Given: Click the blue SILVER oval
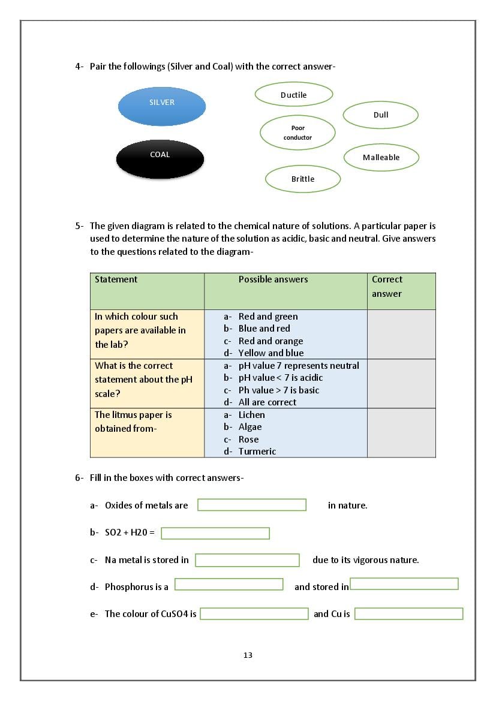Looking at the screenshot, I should (x=162, y=106).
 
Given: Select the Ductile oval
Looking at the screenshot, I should (x=293, y=95).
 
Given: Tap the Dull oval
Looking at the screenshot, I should (x=380, y=115).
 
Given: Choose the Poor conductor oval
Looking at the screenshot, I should (x=297, y=133).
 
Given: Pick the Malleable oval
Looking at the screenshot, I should (x=381, y=158).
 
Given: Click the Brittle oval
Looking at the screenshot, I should (x=302, y=179).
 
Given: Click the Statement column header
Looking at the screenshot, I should (x=116, y=279).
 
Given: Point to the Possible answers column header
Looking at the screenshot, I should (x=273, y=279).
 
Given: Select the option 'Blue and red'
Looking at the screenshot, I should (x=264, y=329).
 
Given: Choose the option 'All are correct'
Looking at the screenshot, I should (x=267, y=402).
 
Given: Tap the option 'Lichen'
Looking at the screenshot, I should (x=251, y=415).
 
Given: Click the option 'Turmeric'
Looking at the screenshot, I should (x=257, y=452).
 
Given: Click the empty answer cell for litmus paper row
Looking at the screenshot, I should (x=401, y=433).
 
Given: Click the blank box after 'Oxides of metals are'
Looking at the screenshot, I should (x=252, y=505).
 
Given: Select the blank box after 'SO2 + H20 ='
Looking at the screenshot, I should (x=215, y=533).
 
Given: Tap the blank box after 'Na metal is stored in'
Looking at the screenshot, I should (x=247, y=560).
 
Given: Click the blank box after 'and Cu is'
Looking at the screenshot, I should (x=408, y=614).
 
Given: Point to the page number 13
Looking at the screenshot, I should (x=248, y=655).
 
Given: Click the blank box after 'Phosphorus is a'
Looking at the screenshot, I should (x=229, y=584).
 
